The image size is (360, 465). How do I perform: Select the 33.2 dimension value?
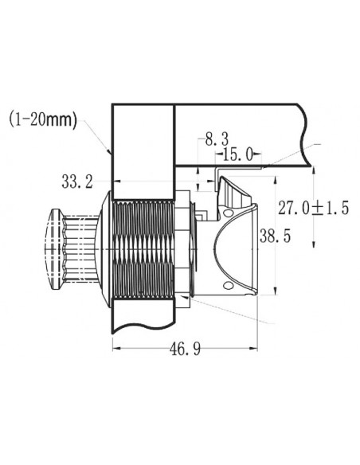[76, 182]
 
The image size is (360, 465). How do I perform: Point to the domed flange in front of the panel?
[104, 247]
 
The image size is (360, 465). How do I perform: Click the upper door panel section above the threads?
[143, 147]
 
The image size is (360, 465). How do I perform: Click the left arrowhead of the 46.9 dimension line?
[115, 347]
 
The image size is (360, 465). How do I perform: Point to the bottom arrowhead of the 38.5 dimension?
[276, 291]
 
